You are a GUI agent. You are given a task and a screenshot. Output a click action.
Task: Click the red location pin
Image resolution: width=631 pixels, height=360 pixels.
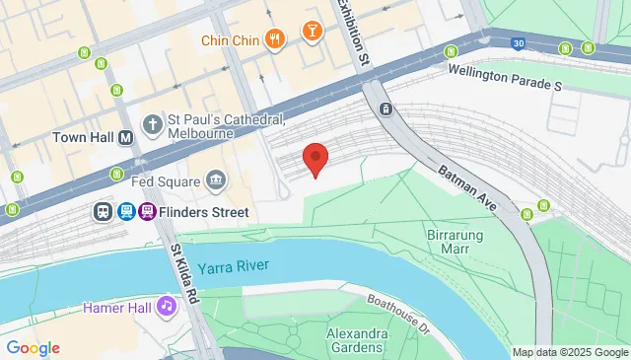(x=315, y=159)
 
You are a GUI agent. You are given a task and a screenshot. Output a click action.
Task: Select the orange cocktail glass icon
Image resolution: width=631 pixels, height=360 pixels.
(x=312, y=32)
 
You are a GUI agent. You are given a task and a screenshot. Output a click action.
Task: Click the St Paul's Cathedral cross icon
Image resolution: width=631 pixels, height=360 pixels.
(x=152, y=124)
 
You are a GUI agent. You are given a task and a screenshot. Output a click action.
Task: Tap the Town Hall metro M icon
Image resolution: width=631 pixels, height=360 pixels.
(x=126, y=138)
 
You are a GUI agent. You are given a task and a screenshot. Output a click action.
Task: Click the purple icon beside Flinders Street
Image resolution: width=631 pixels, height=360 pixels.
(x=147, y=211)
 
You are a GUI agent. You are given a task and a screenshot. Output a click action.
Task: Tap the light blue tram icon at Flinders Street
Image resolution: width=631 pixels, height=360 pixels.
(x=125, y=211)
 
